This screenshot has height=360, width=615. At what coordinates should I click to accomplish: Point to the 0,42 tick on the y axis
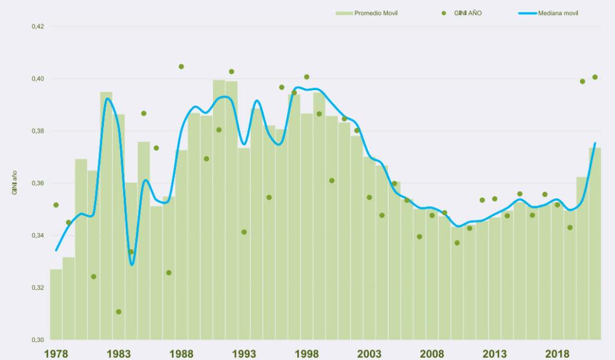[38, 26]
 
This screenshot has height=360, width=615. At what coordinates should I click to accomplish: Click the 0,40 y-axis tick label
[38, 79]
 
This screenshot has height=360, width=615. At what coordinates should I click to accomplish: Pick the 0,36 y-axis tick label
[38, 183]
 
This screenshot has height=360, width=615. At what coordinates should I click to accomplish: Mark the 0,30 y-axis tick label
[38, 340]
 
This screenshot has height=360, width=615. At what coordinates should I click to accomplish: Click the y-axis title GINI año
[14, 183]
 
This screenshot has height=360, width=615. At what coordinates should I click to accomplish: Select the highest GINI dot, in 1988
[181, 67]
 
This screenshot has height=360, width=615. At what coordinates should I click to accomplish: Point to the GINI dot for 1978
[56, 205]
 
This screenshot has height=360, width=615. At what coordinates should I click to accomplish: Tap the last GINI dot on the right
[595, 77]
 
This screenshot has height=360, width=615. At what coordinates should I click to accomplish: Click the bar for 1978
[56, 307]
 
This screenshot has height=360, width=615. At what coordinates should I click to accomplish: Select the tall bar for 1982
[106, 216]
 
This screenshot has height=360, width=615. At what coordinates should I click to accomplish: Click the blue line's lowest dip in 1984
[132, 264]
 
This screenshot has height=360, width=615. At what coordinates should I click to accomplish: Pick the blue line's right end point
[595, 143]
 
